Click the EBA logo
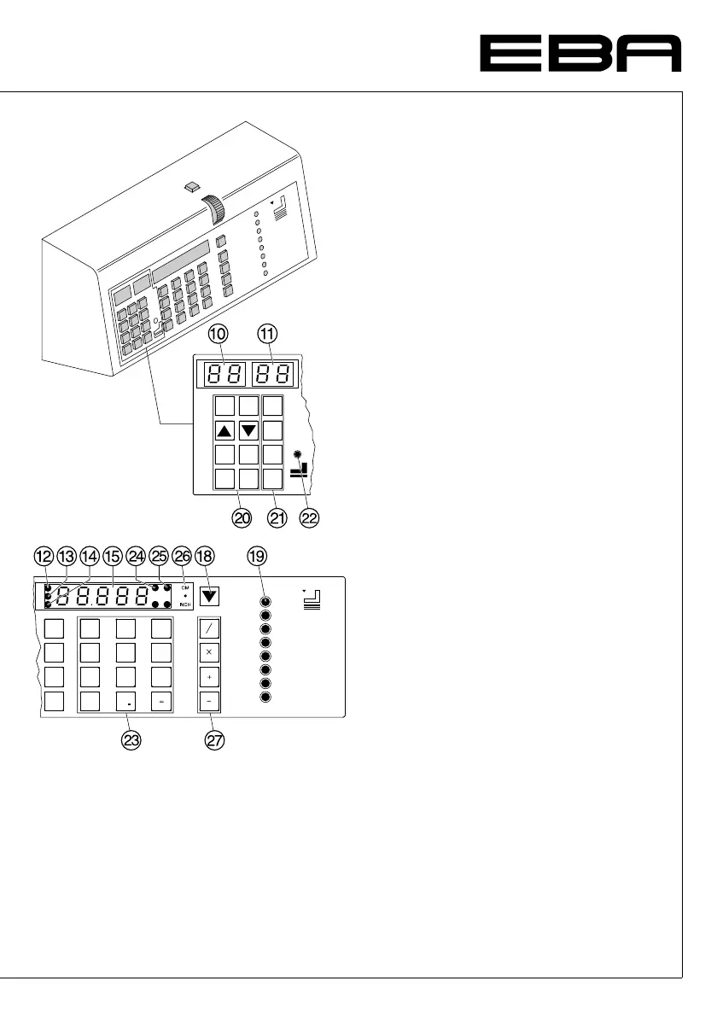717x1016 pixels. tap(580, 54)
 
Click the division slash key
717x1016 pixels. tap(210, 628)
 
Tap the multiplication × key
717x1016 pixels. tap(210, 652)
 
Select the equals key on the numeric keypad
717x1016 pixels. tap(160, 702)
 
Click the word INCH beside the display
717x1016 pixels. tap(185, 604)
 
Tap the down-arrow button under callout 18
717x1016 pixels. tap(209, 596)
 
